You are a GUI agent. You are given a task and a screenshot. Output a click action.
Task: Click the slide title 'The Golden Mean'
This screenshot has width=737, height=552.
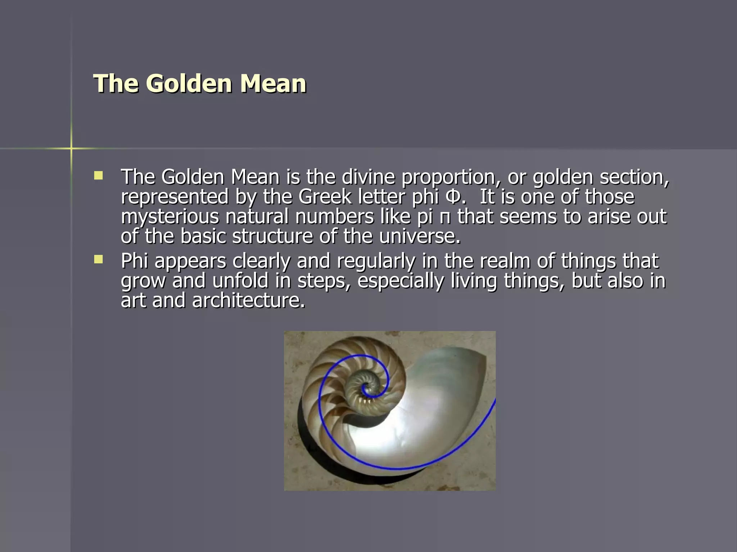pyautogui.click(x=200, y=83)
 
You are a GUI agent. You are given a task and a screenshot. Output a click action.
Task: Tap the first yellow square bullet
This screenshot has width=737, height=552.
pyautogui.click(x=98, y=175)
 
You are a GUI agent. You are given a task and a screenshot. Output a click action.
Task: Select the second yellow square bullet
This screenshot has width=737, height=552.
pyautogui.click(x=98, y=259)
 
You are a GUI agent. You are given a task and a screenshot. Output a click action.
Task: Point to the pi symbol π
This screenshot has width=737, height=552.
pyautogui.click(x=445, y=217)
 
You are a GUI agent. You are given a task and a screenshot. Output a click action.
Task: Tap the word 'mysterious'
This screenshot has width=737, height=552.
pyautogui.click(x=170, y=217)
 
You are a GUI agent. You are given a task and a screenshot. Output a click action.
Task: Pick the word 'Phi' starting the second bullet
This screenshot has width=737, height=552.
pyautogui.click(x=135, y=261)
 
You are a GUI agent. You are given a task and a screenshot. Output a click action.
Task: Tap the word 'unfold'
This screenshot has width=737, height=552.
pyautogui.click(x=240, y=281)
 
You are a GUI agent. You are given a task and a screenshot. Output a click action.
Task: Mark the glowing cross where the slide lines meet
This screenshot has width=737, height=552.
pyautogui.click(x=71, y=148)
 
